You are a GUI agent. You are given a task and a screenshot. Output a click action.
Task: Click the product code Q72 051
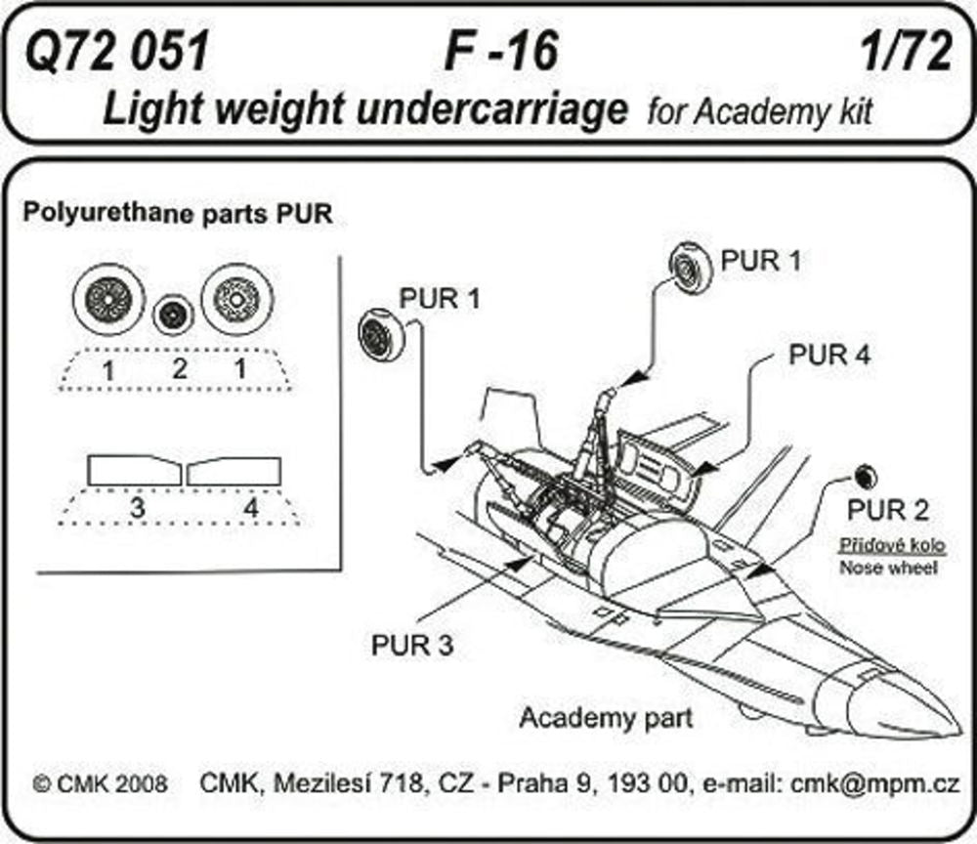click(x=118, y=52)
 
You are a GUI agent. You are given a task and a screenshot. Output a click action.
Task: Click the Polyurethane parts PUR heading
click(x=178, y=214)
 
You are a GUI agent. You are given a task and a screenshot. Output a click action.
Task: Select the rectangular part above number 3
click(x=135, y=471)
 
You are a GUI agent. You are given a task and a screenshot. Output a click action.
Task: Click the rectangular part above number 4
click(x=234, y=471)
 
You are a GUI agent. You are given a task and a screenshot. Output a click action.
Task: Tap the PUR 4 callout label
click(x=829, y=356)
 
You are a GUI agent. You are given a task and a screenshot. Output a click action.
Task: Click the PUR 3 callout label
click(x=411, y=644)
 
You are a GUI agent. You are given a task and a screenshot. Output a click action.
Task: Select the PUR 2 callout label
click(x=887, y=510)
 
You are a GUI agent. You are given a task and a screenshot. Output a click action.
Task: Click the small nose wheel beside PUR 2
click(x=865, y=476)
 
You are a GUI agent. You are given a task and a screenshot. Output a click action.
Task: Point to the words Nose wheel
click(x=888, y=568)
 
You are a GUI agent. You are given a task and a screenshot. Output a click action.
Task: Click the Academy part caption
click(x=606, y=718)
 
